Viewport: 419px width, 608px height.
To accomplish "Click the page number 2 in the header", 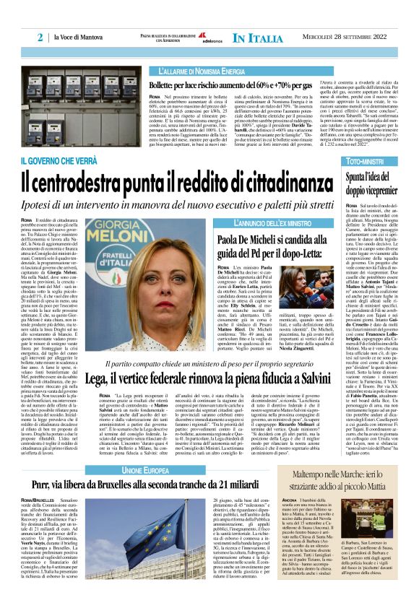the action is click(41, 36).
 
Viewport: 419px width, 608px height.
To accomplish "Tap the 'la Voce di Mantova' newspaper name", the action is click(80, 37).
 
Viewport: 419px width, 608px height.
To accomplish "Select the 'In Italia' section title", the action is click(261, 37).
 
